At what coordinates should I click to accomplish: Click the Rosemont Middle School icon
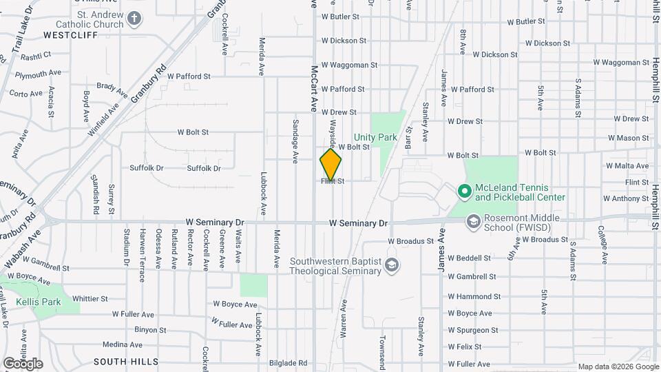coord(473,222)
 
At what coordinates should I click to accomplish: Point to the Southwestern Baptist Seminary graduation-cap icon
coord(391,266)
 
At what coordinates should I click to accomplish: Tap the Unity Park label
coord(375,137)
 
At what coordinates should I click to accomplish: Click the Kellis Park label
coord(39,302)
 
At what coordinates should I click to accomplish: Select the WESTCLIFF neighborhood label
coord(67,34)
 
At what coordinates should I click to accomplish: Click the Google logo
coord(23,363)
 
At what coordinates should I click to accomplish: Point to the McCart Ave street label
coord(313,88)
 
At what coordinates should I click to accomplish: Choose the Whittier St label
coord(90,299)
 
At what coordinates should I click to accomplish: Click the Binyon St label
coord(151,330)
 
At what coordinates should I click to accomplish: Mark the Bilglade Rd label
coord(288,363)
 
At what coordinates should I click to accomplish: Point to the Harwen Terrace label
coord(142,256)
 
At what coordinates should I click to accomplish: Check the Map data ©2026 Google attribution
coord(618,366)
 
